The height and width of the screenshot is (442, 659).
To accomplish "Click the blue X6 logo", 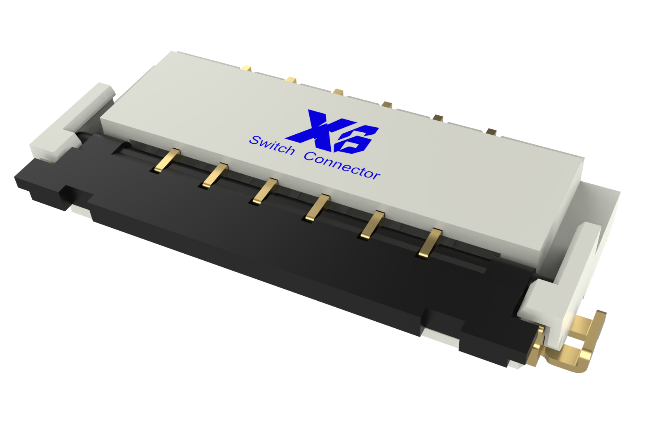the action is (x=332, y=131).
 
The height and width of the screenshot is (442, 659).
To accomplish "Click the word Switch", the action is (x=271, y=145).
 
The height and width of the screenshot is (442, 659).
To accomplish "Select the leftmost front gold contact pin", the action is (x=165, y=160).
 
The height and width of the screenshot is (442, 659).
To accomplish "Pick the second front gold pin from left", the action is (x=215, y=175).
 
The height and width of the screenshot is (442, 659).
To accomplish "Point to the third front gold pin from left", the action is (x=265, y=192).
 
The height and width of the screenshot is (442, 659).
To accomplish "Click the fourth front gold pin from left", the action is (x=318, y=208).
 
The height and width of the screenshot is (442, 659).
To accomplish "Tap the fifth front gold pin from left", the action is (x=372, y=225).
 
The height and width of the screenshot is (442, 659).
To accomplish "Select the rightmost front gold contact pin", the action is (x=430, y=243).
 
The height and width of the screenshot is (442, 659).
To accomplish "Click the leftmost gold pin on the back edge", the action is (x=246, y=68).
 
